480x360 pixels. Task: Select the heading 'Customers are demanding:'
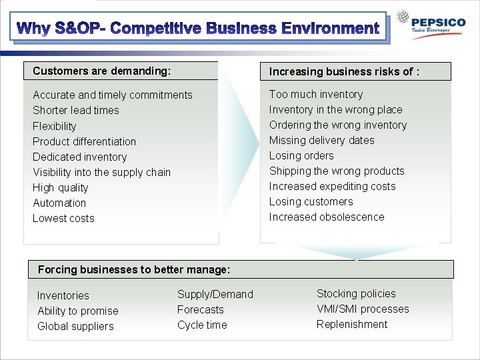(x=101, y=71)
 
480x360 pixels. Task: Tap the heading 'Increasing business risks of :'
(x=344, y=71)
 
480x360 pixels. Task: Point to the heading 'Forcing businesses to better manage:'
(x=134, y=269)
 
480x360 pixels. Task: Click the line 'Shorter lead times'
(x=76, y=111)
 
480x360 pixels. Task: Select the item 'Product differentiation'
(x=84, y=141)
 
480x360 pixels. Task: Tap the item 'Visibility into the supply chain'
(x=101, y=172)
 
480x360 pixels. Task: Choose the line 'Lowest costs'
(x=63, y=218)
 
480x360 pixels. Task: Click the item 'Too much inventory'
(x=316, y=95)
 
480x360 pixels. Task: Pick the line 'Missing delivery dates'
(x=321, y=141)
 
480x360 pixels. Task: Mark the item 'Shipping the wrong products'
(x=337, y=171)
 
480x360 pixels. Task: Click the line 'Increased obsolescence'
(x=327, y=217)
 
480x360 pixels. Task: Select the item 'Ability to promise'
(x=77, y=311)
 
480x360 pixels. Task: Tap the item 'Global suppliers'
(x=75, y=326)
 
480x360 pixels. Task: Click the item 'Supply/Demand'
(x=215, y=294)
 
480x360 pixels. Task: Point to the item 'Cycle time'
(x=202, y=325)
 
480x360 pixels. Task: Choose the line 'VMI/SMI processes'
(x=363, y=309)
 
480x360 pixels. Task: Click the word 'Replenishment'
(x=351, y=324)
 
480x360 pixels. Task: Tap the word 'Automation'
(x=59, y=203)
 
